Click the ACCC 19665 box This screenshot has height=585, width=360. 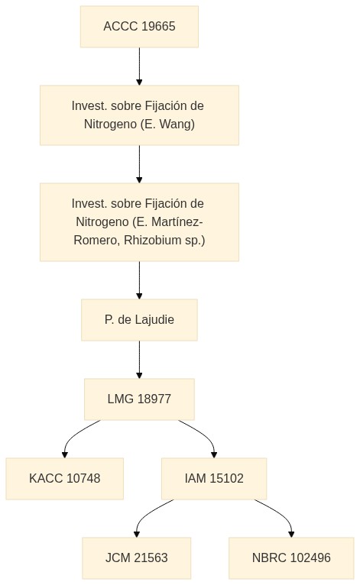(x=139, y=27)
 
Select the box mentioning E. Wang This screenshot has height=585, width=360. (x=139, y=115)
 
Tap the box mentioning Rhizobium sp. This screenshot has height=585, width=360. (x=139, y=222)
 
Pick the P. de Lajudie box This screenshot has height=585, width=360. (x=139, y=320)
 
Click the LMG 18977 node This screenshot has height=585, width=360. (x=139, y=399)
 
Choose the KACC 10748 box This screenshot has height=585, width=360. (x=65, y=479)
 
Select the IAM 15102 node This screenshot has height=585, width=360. (x=214, y=479)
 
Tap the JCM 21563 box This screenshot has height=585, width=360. (x=137, y=558)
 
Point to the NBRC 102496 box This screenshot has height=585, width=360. (x=291, y=558)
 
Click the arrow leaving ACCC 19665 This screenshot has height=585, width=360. (x=139, y=66)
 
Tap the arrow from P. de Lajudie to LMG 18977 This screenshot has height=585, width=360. (x=139, y=359)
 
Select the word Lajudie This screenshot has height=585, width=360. (x=154, y=320)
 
